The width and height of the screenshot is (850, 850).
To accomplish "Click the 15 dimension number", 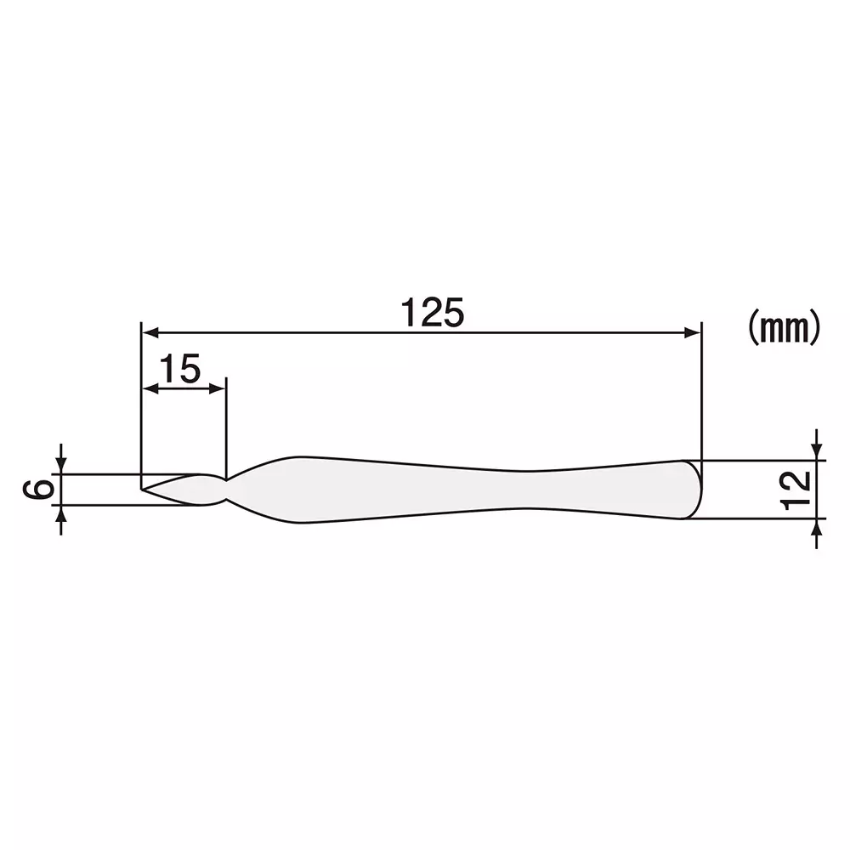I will (179, 370).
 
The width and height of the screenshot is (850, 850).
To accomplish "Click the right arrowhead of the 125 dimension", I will (694, 331).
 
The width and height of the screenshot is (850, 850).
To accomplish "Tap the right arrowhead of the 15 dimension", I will (219, 388).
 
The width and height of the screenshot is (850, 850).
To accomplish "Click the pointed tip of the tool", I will (143, 489).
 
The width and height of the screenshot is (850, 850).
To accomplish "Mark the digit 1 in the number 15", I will (167, 370).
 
